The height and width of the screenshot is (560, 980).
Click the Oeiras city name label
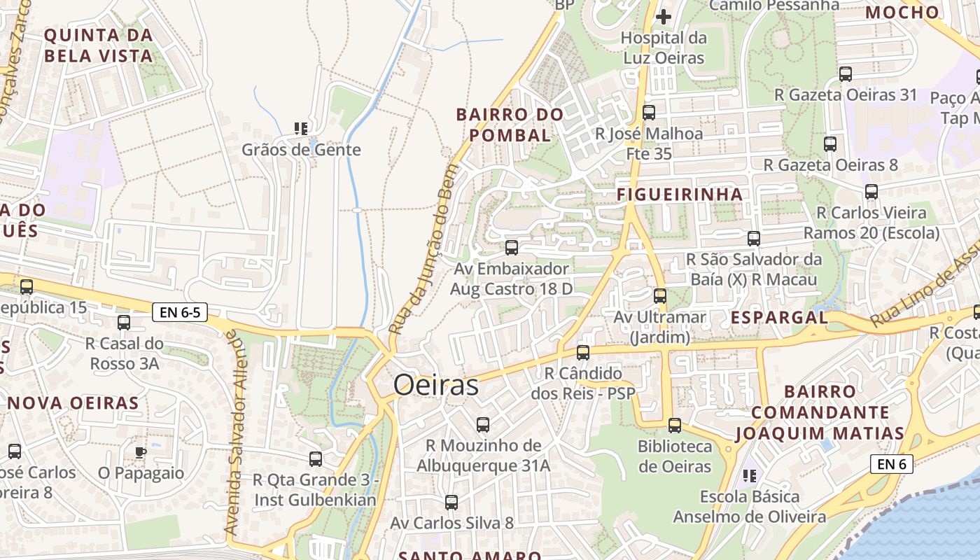tap(435, 385)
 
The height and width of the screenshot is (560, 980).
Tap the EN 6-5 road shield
tap(180, 312)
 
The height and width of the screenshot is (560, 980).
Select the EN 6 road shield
tap(892, 463)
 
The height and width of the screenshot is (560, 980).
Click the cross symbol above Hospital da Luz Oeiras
tap(664, 16)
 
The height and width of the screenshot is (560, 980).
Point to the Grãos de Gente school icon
tap(301, 129)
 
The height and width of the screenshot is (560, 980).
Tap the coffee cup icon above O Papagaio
tap(141, 451)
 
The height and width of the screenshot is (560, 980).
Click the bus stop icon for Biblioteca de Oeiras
tap(675, 425)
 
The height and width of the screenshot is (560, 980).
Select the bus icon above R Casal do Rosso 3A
tap(124, 323)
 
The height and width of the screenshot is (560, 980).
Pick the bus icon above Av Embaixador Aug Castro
tap(512, 248)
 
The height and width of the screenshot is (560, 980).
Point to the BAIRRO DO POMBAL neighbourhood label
tap(510, 125)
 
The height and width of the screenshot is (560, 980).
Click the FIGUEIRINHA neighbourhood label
tap(680, 195)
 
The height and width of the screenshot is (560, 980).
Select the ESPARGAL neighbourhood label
tap(779, 317)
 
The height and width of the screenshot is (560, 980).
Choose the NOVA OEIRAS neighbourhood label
tap(73, 403)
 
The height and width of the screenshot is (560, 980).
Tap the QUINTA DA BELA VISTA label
tap(98, 45)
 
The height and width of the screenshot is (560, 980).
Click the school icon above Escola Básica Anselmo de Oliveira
tap(750, 477)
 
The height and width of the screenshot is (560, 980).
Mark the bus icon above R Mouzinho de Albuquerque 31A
tap(483, 425)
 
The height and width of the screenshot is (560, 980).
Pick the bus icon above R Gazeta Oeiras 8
tap(830, 144)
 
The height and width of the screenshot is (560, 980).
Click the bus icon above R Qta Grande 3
tap(316, 459)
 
